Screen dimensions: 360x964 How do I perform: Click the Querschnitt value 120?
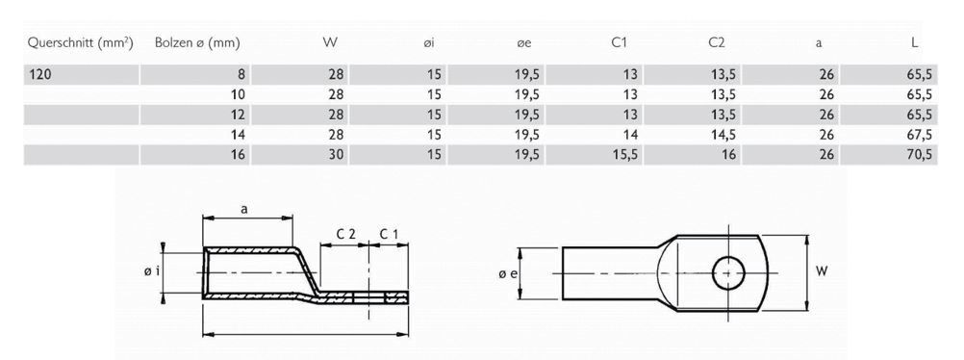(40, 74)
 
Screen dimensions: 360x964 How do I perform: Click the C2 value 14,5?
(723, 135)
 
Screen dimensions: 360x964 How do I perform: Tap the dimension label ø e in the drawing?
(507, 273)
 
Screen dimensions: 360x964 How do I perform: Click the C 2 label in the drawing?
(346, 234)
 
